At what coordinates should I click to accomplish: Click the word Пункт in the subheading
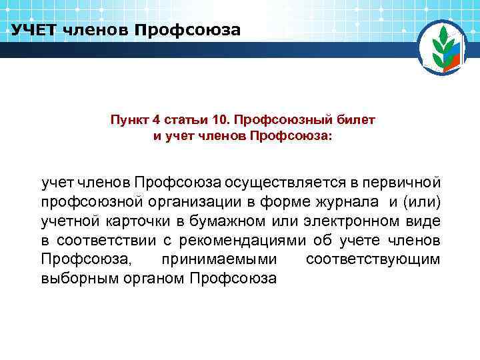tap(130, 120)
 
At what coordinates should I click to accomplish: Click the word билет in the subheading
tap(359, 120)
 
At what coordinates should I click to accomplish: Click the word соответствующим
tap(373, 259)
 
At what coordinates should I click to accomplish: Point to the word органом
tap(146, 279)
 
